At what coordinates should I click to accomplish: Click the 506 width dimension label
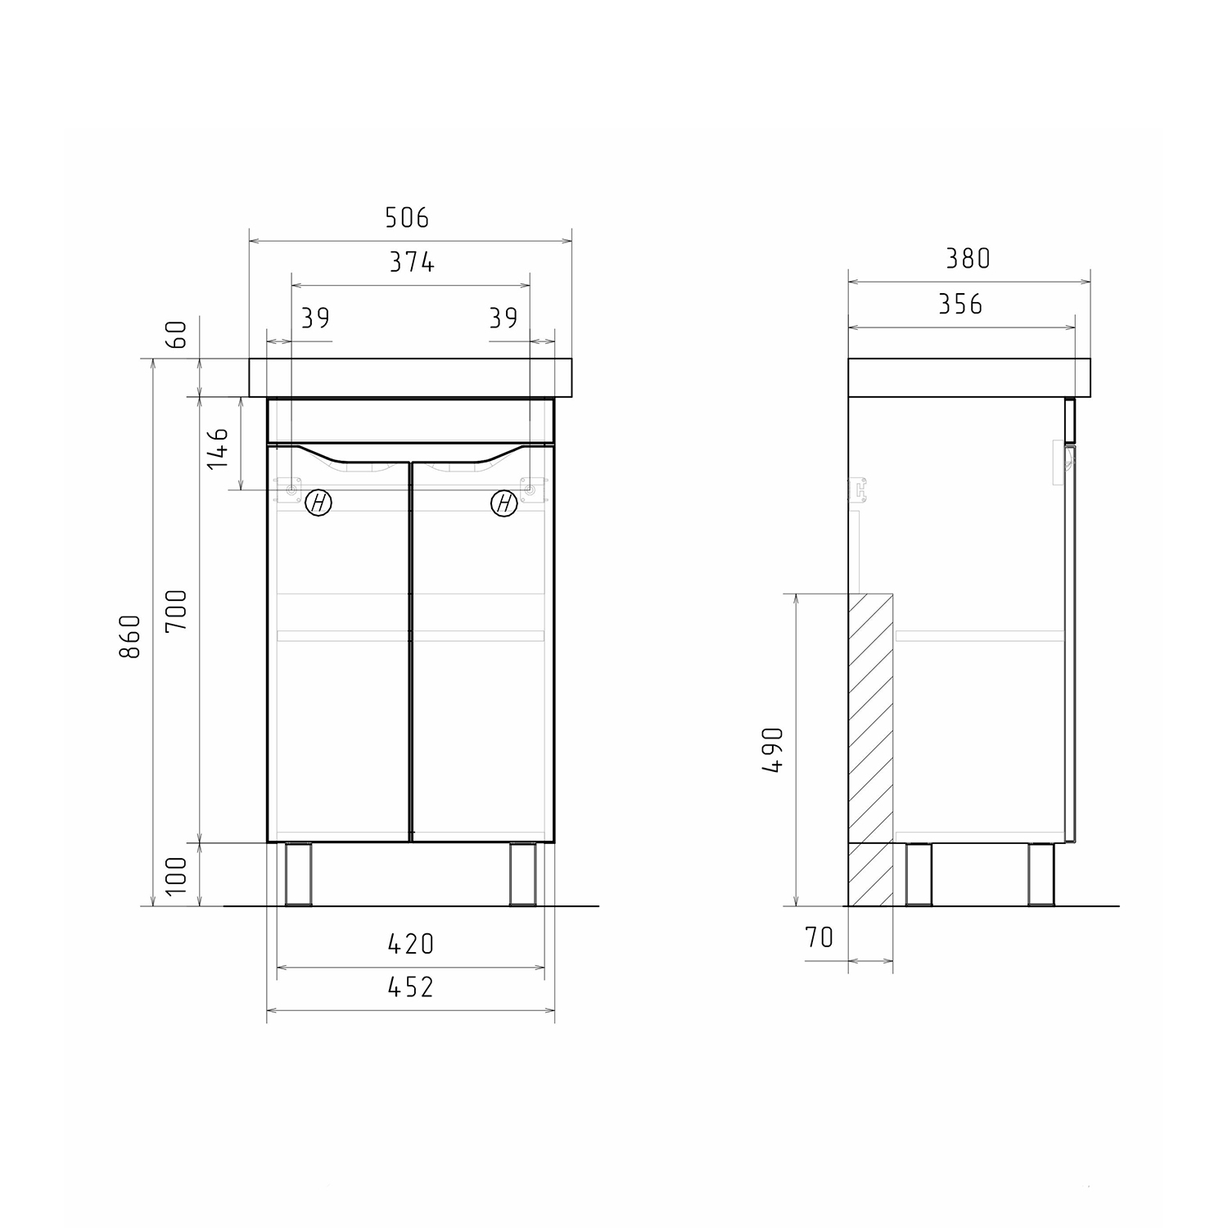click(407, 218)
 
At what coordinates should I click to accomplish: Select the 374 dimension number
click(411, 262)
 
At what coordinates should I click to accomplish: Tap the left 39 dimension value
click(315, 318)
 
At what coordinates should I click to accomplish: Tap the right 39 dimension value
click(503, 318)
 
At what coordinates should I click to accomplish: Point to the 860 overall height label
click(131, 636)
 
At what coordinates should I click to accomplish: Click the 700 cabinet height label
click(177, 610)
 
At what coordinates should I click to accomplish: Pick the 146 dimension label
click(218, 447)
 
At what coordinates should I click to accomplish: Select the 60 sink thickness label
click(178, 335)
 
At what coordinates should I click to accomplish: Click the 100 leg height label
click(177, 874)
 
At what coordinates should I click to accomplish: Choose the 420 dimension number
click(411, 944)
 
